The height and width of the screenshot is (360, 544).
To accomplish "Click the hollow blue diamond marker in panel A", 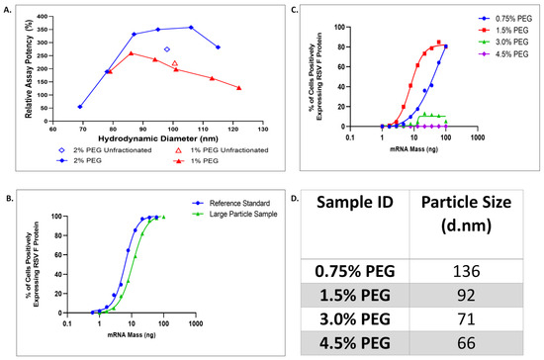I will [x=167, y=49].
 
